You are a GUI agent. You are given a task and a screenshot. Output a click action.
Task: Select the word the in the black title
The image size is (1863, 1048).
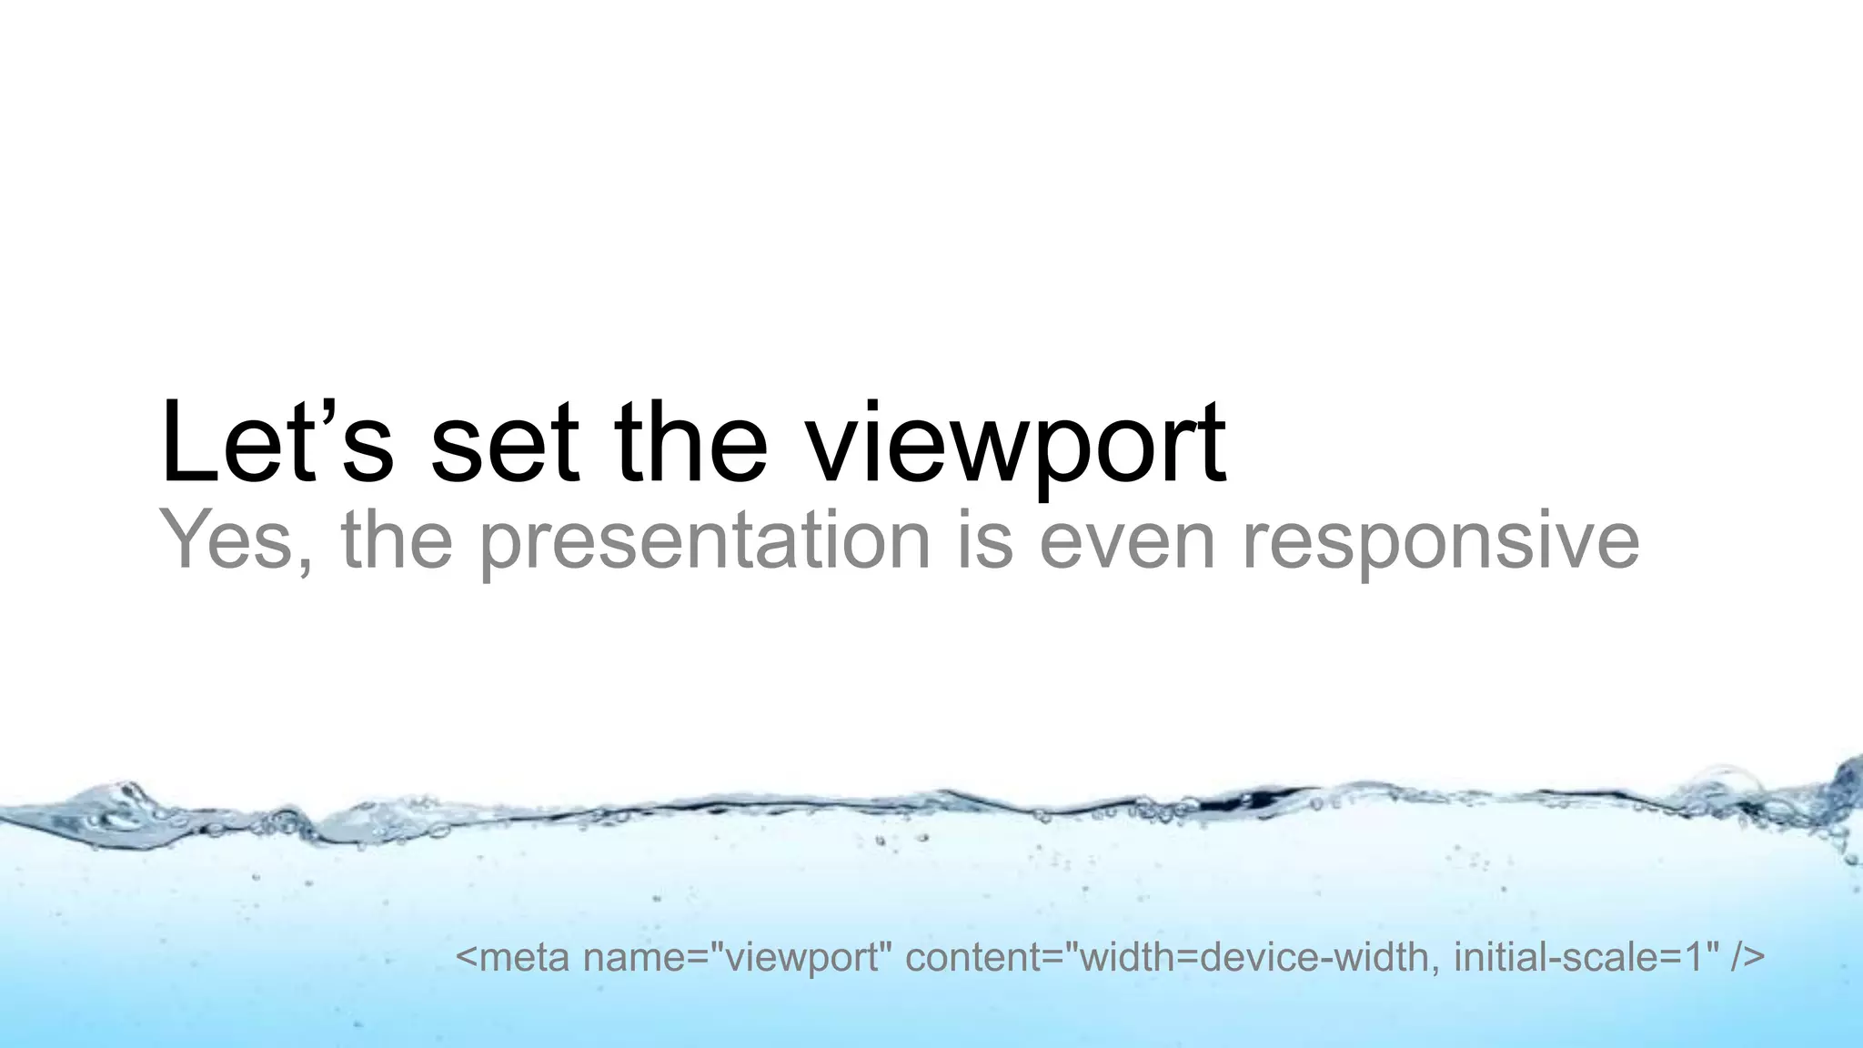(691, 443)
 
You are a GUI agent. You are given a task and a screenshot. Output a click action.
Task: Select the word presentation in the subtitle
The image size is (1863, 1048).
(705, 542)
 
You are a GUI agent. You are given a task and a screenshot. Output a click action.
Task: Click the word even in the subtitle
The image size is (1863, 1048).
(1127, 542)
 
